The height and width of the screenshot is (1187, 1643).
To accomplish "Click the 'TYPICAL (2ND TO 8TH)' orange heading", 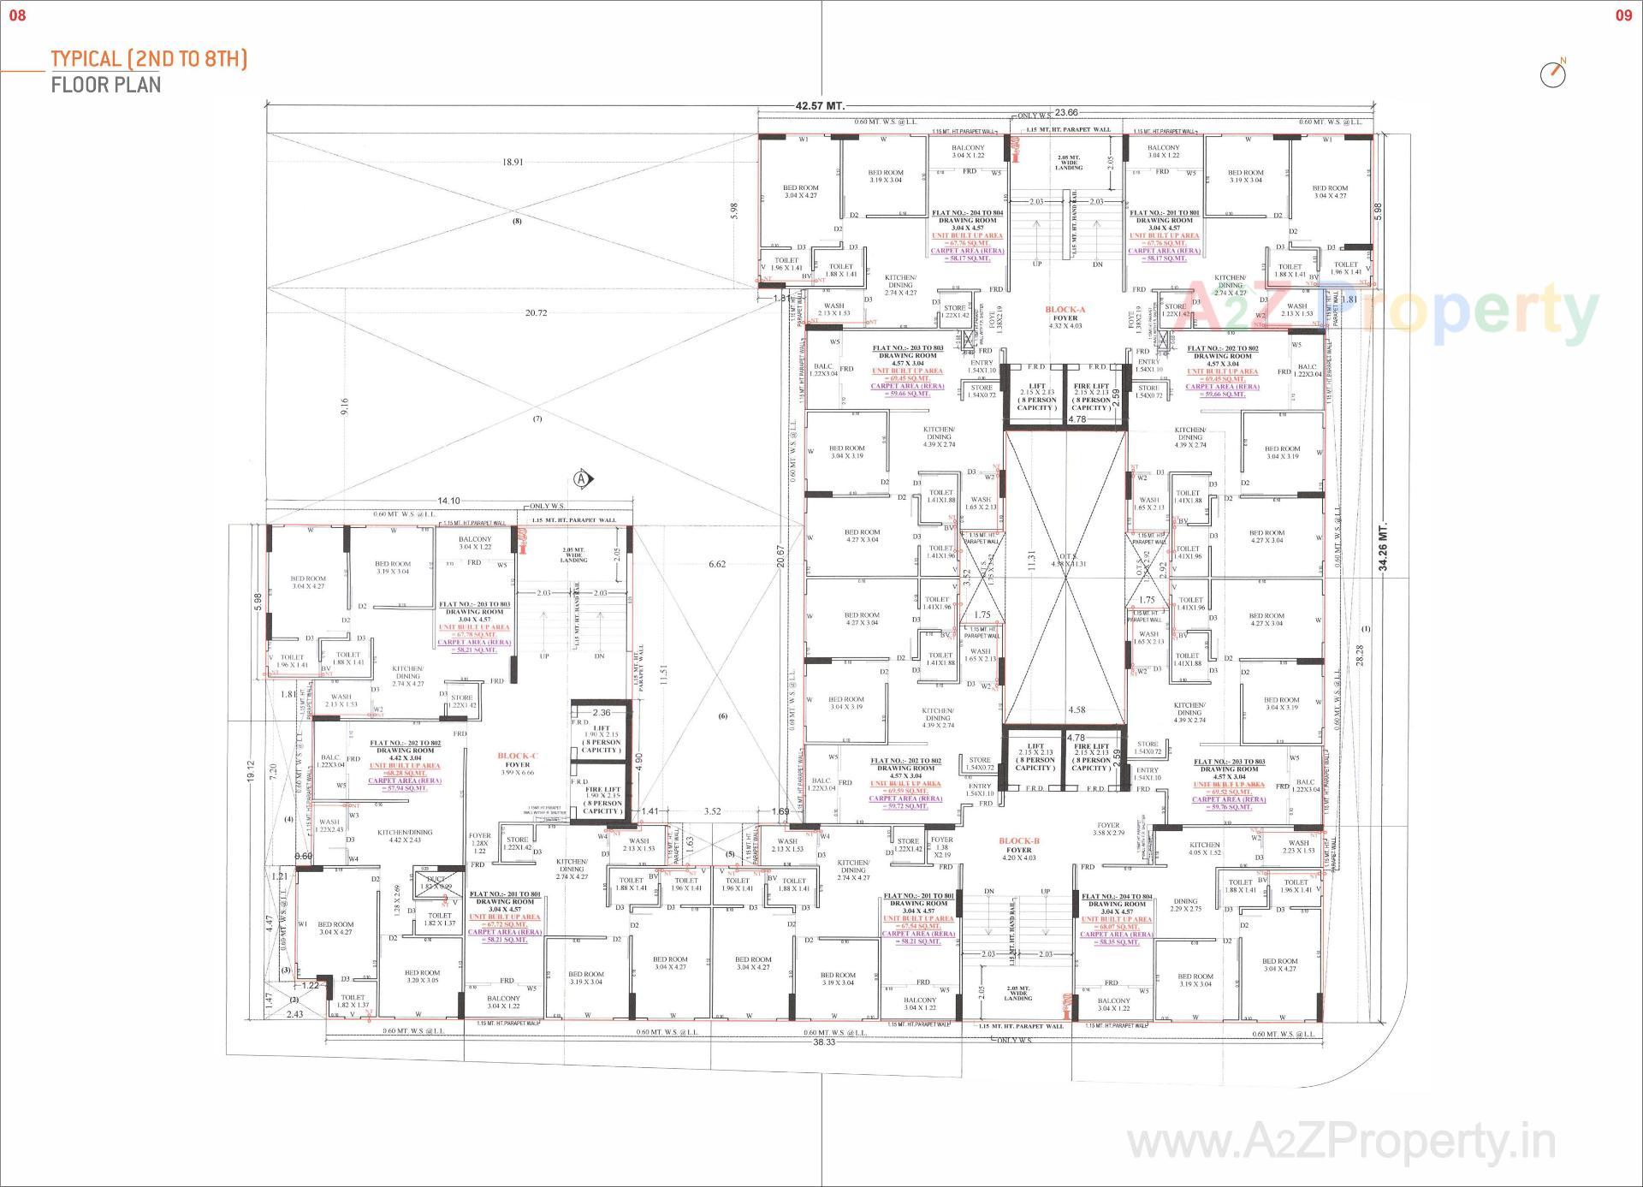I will (149, 59).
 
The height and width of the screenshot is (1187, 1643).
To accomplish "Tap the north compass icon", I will (1552, 74).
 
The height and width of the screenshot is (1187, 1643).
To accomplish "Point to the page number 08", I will (17, 15).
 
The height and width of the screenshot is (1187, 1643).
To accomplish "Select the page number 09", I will (1623, 15).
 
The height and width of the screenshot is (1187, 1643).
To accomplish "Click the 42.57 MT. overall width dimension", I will (819, 106).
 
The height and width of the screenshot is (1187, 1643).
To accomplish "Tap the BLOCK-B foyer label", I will (1018, 846).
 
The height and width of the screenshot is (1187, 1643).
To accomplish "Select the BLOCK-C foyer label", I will (518, 760).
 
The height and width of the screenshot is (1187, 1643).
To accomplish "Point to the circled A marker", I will (583, 479).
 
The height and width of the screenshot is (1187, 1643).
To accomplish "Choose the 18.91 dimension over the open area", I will (513, 162).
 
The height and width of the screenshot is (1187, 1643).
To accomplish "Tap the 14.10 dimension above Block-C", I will (448, 501).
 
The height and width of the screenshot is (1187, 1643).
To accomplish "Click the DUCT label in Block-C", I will (436, 880).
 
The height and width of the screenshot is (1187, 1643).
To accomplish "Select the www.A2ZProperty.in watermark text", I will (1340, 1142).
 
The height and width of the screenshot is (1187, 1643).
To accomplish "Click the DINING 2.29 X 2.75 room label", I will (1185, 905).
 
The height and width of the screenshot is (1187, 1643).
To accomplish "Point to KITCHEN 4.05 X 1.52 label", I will (1204, 848).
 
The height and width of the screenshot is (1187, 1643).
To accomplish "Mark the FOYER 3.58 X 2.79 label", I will (1108, 828).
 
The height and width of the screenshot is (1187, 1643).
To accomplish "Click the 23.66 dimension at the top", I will (1066, 112).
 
